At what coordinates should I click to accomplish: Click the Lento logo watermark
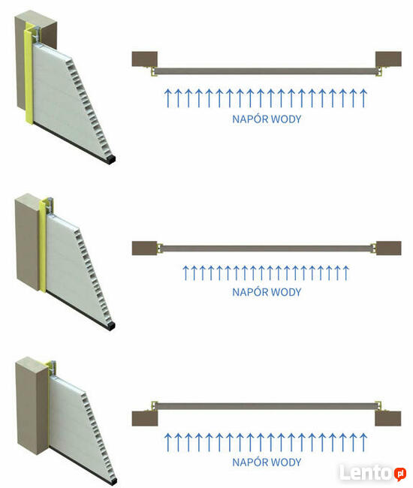(372, 473)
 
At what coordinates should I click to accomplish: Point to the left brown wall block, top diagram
(144, 59)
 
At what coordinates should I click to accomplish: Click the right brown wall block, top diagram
(388, 59)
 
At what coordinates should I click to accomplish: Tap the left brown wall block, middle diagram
(144, 248)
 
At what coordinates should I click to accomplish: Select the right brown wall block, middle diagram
(389, 248)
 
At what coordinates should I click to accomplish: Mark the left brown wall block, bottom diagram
(145, 419)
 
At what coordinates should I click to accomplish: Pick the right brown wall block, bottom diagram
(388, 419)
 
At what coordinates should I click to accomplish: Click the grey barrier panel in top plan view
(267, 71)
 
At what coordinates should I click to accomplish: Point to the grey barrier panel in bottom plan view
(267, 406)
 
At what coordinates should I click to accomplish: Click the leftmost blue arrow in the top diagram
(167, 98)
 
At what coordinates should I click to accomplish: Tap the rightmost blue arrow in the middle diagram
(345, 273)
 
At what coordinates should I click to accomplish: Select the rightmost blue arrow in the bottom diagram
(363, 442)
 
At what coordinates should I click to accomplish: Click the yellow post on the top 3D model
(29, 74)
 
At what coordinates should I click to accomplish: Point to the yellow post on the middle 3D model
(43, 246)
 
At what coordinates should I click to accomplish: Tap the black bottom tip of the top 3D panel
(110, 160)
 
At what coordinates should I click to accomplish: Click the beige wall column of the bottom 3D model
(32, 406)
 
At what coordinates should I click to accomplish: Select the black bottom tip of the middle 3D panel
(110, 326)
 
